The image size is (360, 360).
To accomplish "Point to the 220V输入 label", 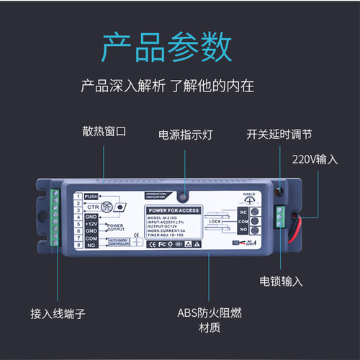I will click(314, 158).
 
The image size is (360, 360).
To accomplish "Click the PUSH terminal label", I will click(91, 196).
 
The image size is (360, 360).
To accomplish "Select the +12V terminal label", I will click(91, 224).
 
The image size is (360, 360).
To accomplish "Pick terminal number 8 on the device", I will click(78, 246).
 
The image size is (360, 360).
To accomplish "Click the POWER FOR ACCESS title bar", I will click(170, 210).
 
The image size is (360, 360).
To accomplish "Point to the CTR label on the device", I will click(91, 205).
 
